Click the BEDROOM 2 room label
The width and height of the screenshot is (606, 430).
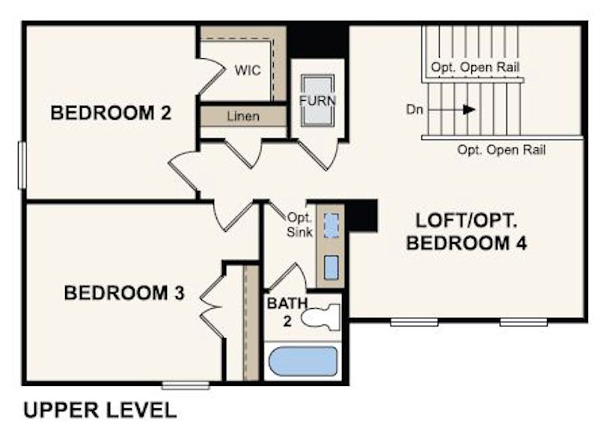[111, 113]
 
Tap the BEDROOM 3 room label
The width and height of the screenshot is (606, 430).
[124, 293]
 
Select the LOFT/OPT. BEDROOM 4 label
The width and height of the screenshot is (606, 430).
[467, 232]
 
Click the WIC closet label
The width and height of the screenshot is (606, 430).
[248, 70]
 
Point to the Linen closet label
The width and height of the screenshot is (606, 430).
[243, 117]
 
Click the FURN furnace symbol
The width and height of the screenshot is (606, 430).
[318, 100]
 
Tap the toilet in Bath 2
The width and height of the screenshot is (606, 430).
[320, 317]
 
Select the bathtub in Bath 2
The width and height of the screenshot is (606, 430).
[302, 361]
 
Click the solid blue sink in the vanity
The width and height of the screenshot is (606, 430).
[331, 268]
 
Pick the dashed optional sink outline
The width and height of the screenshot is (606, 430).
[331, 226]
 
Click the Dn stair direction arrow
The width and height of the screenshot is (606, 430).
[451, 110]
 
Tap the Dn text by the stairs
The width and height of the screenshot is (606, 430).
[414, 110]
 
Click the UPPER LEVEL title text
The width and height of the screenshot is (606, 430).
[100, 410]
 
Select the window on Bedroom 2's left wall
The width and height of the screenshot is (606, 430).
[22, 165]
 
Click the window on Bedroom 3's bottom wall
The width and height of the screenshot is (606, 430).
[186, 385]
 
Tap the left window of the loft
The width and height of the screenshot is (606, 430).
[414, 322]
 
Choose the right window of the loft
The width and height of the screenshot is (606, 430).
[523, 322]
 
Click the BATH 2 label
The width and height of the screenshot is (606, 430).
[287, 312]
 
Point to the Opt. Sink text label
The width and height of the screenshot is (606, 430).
[300, 225]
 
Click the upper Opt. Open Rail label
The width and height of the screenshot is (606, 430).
[475, 67]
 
